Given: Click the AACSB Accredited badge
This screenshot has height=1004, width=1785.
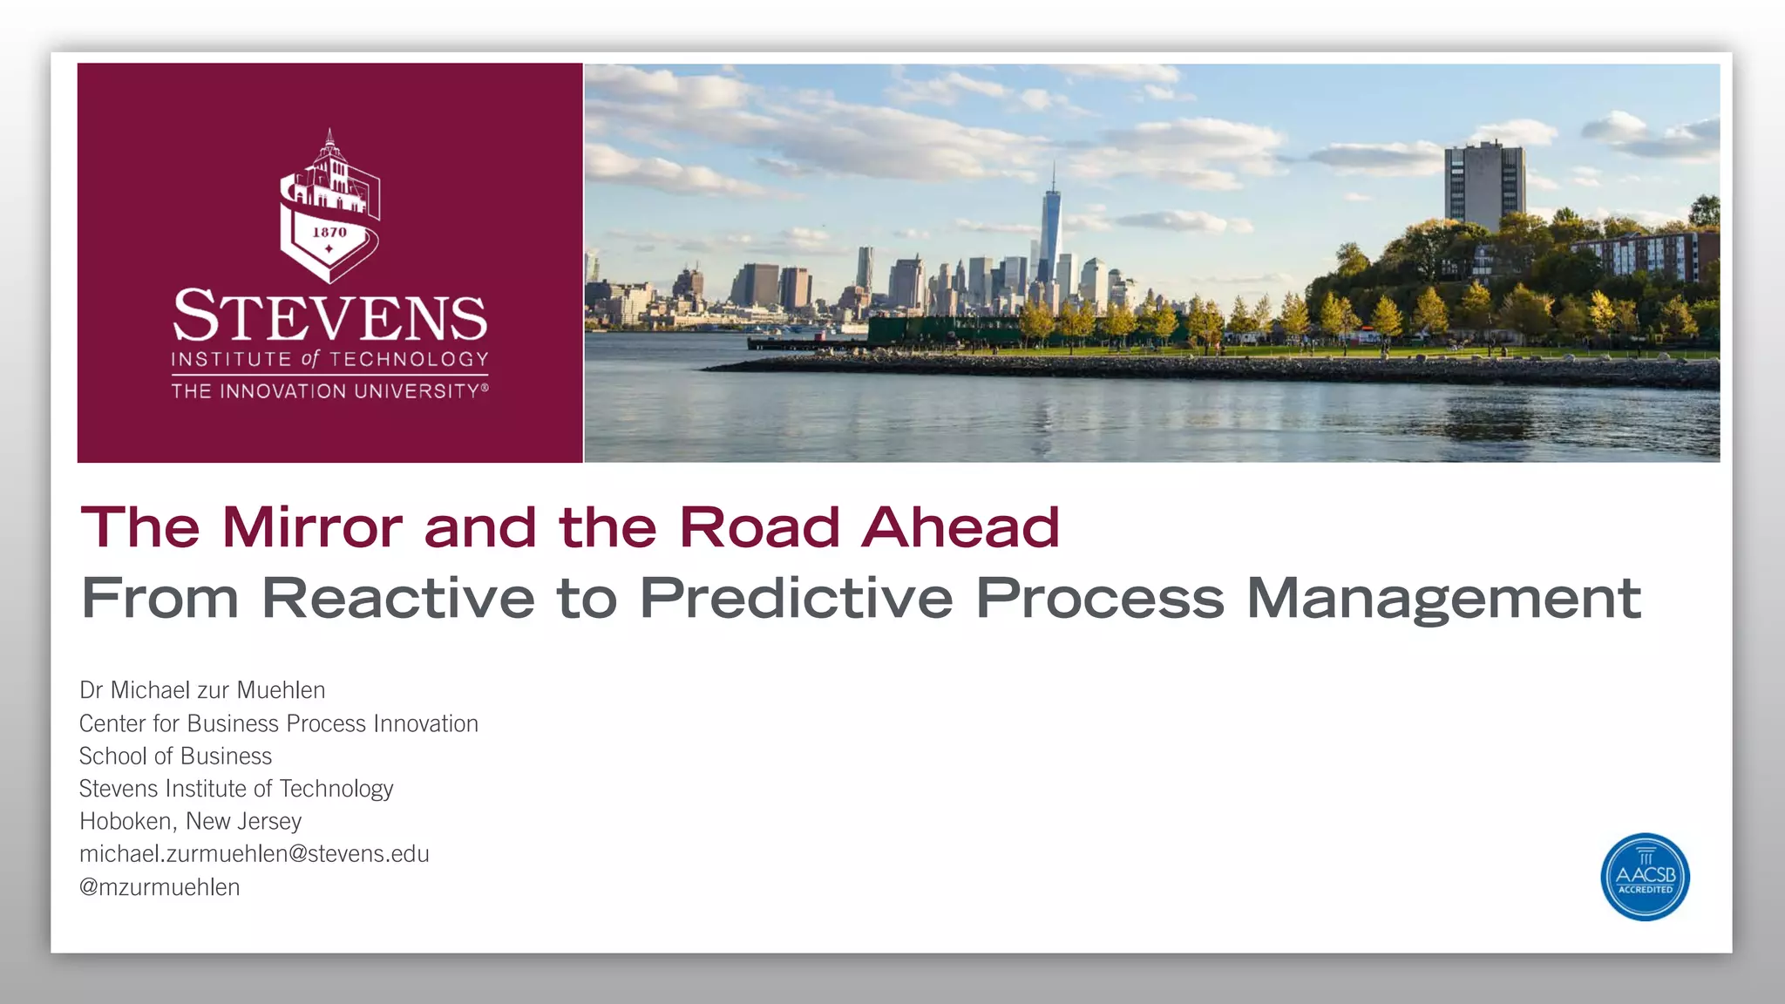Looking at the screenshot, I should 1645,877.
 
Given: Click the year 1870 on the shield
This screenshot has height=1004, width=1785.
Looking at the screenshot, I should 329,233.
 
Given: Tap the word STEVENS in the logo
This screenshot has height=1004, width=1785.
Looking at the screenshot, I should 330,316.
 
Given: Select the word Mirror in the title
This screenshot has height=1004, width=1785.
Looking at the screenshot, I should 312,527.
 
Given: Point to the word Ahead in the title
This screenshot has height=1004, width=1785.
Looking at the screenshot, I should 960,527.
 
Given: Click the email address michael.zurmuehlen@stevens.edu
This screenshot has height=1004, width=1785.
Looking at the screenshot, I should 255,854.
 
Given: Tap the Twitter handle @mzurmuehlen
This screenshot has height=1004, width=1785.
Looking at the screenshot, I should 159,887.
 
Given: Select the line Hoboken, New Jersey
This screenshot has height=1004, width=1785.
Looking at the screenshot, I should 190,821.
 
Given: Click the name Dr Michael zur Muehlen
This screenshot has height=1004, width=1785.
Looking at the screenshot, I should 202,690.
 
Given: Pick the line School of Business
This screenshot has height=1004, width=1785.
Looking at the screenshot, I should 175,756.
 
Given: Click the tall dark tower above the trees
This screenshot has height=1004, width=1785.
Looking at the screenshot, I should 1483,185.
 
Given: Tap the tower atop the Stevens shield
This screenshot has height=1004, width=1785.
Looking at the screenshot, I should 329,157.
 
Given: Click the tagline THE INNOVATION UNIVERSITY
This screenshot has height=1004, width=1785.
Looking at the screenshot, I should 329,391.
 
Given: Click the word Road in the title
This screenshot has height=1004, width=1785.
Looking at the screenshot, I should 759,527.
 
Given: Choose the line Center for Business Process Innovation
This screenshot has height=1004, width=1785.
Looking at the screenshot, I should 279,723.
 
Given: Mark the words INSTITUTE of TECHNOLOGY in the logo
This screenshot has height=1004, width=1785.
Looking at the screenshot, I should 329,359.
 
